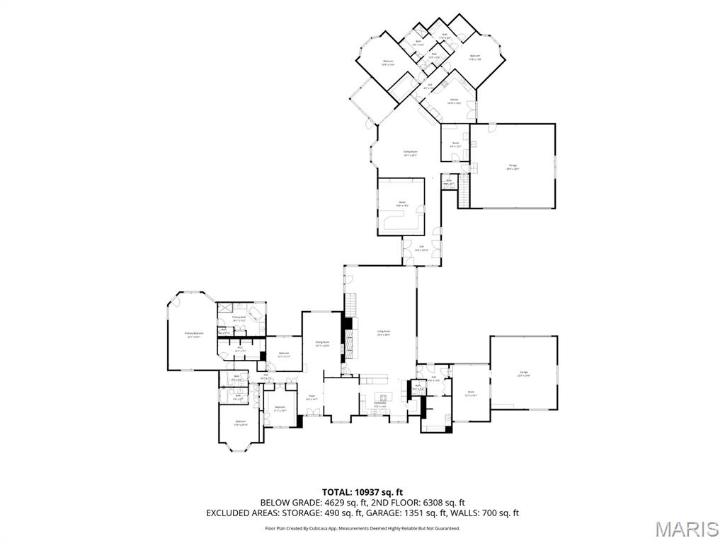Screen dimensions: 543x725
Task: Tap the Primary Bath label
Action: (239, 318)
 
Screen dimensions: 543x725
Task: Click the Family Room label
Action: (411, 153)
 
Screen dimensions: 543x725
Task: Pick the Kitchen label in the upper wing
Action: (454, 101)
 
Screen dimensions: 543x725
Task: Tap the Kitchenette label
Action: (380, 405)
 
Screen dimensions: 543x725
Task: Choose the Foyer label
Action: (312, 397)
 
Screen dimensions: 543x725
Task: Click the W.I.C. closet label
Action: (241, 348)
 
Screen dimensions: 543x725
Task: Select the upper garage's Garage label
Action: (513, 167)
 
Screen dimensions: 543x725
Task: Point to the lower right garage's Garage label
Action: (524, 374)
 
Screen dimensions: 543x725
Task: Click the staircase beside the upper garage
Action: (464, 191)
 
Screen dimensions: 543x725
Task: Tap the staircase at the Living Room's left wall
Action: (349, 306)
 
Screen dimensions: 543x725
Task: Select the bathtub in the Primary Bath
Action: (253, 310)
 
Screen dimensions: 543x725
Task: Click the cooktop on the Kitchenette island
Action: (383, 396)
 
